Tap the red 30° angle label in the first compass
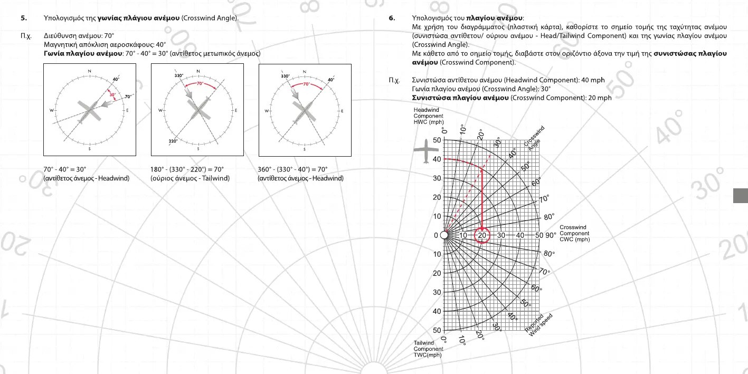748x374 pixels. click(112, 94)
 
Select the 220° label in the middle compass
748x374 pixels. click(173, 141)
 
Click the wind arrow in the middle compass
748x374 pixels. click(187, 93)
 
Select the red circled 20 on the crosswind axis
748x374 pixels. click(482, 235)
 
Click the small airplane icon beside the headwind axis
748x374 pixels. click(424, 152)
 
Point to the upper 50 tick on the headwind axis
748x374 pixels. click(437, 140)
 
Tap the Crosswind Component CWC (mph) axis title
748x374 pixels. click(574, 233)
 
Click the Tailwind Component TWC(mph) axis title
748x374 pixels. click(428, 349)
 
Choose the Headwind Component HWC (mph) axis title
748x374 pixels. click(428, 116)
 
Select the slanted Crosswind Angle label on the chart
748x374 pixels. click(535, 139)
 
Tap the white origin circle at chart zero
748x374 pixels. click(444, 235)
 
